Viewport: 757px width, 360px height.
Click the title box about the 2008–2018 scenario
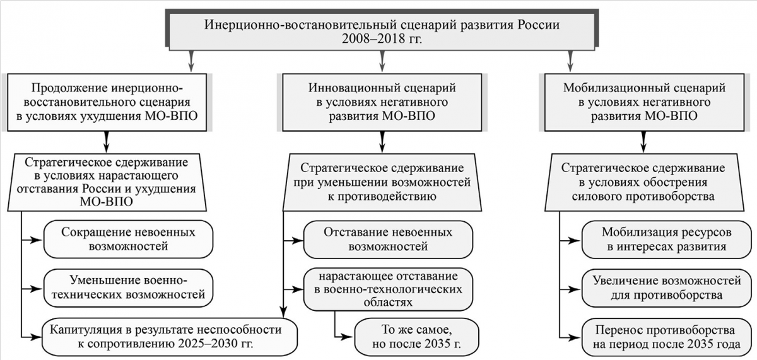click(x=382, y=32)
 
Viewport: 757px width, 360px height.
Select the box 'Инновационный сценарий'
click(x=382, y=102)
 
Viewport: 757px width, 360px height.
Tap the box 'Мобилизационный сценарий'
click(x=644, y=102)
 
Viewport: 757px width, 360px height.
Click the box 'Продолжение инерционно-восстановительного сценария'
click(x=107, y=102)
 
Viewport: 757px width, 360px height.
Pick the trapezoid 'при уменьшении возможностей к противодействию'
click(x=382, y=182)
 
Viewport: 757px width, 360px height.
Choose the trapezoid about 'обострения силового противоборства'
click(x=644, y=182)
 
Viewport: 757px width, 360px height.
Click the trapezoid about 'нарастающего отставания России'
click(x=107, y=182)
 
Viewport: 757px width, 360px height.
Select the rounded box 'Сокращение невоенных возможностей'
click(x=128, y=240)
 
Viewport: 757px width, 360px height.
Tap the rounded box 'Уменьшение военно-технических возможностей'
click(x=128, y=287)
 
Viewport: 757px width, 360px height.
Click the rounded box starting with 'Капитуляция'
click(x=170, y=337)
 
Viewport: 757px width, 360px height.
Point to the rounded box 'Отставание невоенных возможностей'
click(x=388, y=240)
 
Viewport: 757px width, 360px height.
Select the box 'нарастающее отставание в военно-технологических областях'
click(x=388, y=289)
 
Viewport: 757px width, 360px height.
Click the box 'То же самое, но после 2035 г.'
click(x=416, y=337)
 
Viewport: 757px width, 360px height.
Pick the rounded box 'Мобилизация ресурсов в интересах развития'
click(x=666, y=240)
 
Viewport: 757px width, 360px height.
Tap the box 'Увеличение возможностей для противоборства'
click(x=666, y=288)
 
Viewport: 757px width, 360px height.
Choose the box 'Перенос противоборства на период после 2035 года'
click(x=666, y=337)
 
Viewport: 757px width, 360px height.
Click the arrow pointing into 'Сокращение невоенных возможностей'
click(x=32, y=240)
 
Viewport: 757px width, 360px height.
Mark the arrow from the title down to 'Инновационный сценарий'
click(x=382, y=61)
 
